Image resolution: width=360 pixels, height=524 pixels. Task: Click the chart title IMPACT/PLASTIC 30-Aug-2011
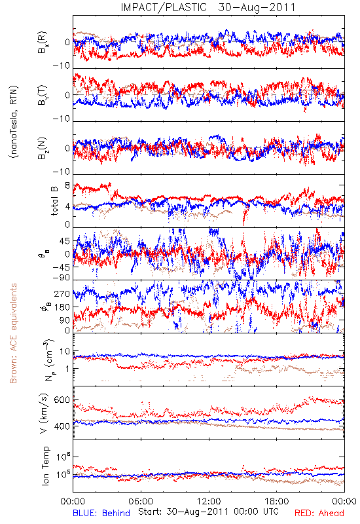[208, 7]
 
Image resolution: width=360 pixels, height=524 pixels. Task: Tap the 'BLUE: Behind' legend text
[101, 513]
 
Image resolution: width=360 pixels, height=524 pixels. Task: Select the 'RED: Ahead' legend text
[319, 513]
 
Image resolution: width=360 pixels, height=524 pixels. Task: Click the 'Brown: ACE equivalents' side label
[13, 333]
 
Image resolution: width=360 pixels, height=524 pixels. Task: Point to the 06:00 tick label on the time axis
[141, 501]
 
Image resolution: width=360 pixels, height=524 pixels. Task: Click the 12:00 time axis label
[209, 501]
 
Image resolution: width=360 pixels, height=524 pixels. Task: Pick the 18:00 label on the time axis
[277, 501]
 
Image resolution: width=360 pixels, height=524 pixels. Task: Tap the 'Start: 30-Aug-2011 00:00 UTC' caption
[208, 512]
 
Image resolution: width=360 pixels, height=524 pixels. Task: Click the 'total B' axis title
[54, 200]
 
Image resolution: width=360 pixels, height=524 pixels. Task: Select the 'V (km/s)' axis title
[44, 413]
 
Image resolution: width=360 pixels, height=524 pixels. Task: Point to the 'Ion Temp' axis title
[45, 466]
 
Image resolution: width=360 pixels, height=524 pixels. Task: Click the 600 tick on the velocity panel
[62, 400]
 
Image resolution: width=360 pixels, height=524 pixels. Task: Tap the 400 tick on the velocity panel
[62, 426]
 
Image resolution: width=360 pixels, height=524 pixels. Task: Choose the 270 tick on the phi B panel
[62, 293]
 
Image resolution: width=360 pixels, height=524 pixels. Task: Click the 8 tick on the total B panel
[67, 185]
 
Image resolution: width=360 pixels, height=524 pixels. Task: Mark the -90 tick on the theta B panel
[61, 278]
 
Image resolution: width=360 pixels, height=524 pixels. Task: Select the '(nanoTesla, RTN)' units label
[14, 122]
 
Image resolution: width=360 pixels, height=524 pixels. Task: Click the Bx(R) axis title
[43, 43]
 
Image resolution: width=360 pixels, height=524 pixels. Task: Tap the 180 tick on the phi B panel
[62, 307]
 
